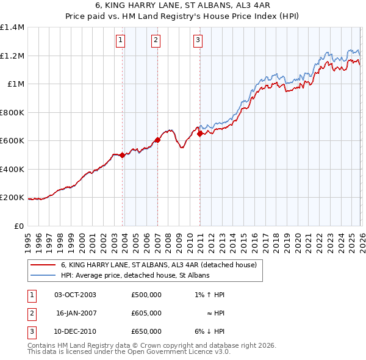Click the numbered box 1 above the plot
point(120,41)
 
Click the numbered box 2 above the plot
point(156,41)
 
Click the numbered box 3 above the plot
point(198,41)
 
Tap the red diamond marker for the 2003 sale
point(123,155)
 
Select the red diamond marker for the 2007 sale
point(157,140)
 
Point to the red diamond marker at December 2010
point(200,134)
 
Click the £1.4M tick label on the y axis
point(12,27)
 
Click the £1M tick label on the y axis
point(16,84)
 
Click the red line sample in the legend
point(43,265)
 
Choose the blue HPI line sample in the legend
point(43,276)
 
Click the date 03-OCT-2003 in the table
point(75,295)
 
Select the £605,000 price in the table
point(146,313)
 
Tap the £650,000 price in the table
point(146,331)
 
